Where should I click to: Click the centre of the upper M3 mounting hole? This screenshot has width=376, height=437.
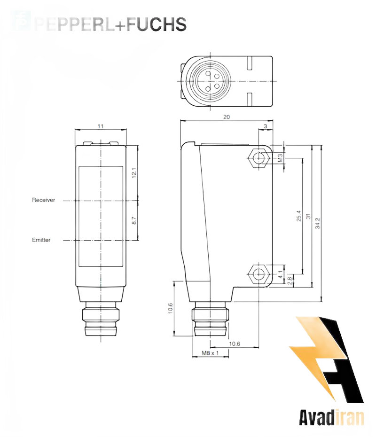point(259,158)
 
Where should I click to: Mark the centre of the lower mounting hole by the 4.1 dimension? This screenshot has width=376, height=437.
point(259,274)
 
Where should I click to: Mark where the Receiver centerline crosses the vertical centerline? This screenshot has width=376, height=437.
point(101,200)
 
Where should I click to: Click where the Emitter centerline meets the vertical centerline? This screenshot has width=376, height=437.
point(101,240)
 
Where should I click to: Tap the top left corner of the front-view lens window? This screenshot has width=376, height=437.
point(79,167)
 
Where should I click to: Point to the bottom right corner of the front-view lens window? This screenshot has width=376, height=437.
point(123,266)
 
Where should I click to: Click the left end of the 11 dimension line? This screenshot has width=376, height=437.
point(75,130)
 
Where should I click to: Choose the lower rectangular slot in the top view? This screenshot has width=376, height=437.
point(250,99)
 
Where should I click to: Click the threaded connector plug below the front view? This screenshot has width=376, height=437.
point(101,319)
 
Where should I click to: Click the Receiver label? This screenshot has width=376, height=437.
point(44,200)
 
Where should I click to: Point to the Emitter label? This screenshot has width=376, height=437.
point(41,240)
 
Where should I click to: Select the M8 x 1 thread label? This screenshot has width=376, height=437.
point(210,353)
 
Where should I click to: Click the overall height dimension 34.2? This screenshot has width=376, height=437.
point(317,223)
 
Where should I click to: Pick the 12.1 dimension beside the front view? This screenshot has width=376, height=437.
point(134,173)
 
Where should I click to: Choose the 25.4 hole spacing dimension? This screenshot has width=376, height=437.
point(298,216)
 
